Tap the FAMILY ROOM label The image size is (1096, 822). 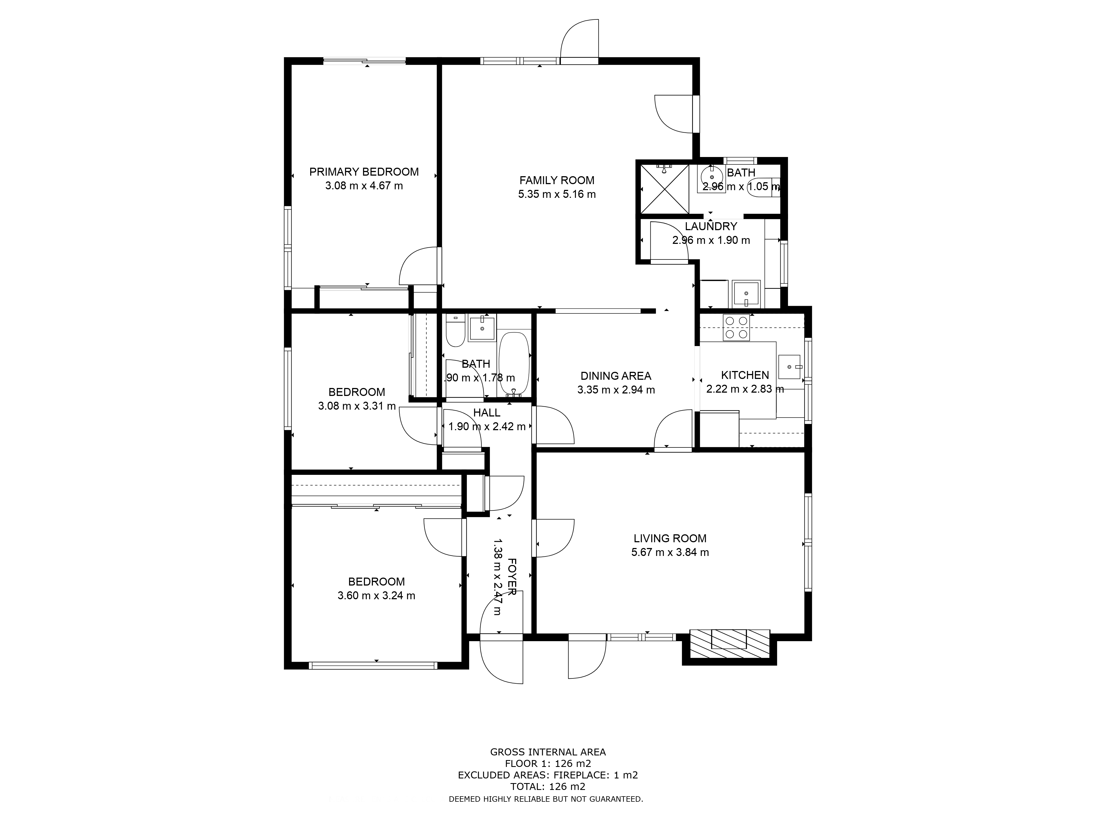click(x=557, y=180)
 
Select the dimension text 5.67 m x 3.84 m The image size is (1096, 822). click(x=670, y=552)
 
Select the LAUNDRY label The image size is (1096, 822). click(x=711, y=226)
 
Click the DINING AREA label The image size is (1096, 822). click(x=616, y=376)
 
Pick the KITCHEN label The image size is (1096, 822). click(x=745, y=375)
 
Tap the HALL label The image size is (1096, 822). click(x=487, y=412)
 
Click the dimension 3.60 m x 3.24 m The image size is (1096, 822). click(x=376, y=596)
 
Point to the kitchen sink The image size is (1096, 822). click(x=790, y=367)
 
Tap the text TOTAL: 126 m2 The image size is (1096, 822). click(x=548, y=786)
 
